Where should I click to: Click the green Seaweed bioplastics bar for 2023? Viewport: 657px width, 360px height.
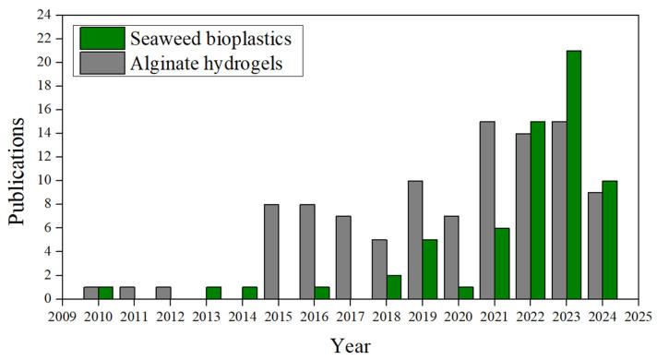coord(573,174)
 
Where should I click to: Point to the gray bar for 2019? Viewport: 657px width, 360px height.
coord(416,239)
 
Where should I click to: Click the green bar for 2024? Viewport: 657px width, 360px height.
coord(609,239)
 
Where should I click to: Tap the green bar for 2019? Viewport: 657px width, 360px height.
coord(430,269)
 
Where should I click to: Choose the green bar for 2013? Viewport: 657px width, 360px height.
coord(214,293)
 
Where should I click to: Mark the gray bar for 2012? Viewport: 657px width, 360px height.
coord(164,293)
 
